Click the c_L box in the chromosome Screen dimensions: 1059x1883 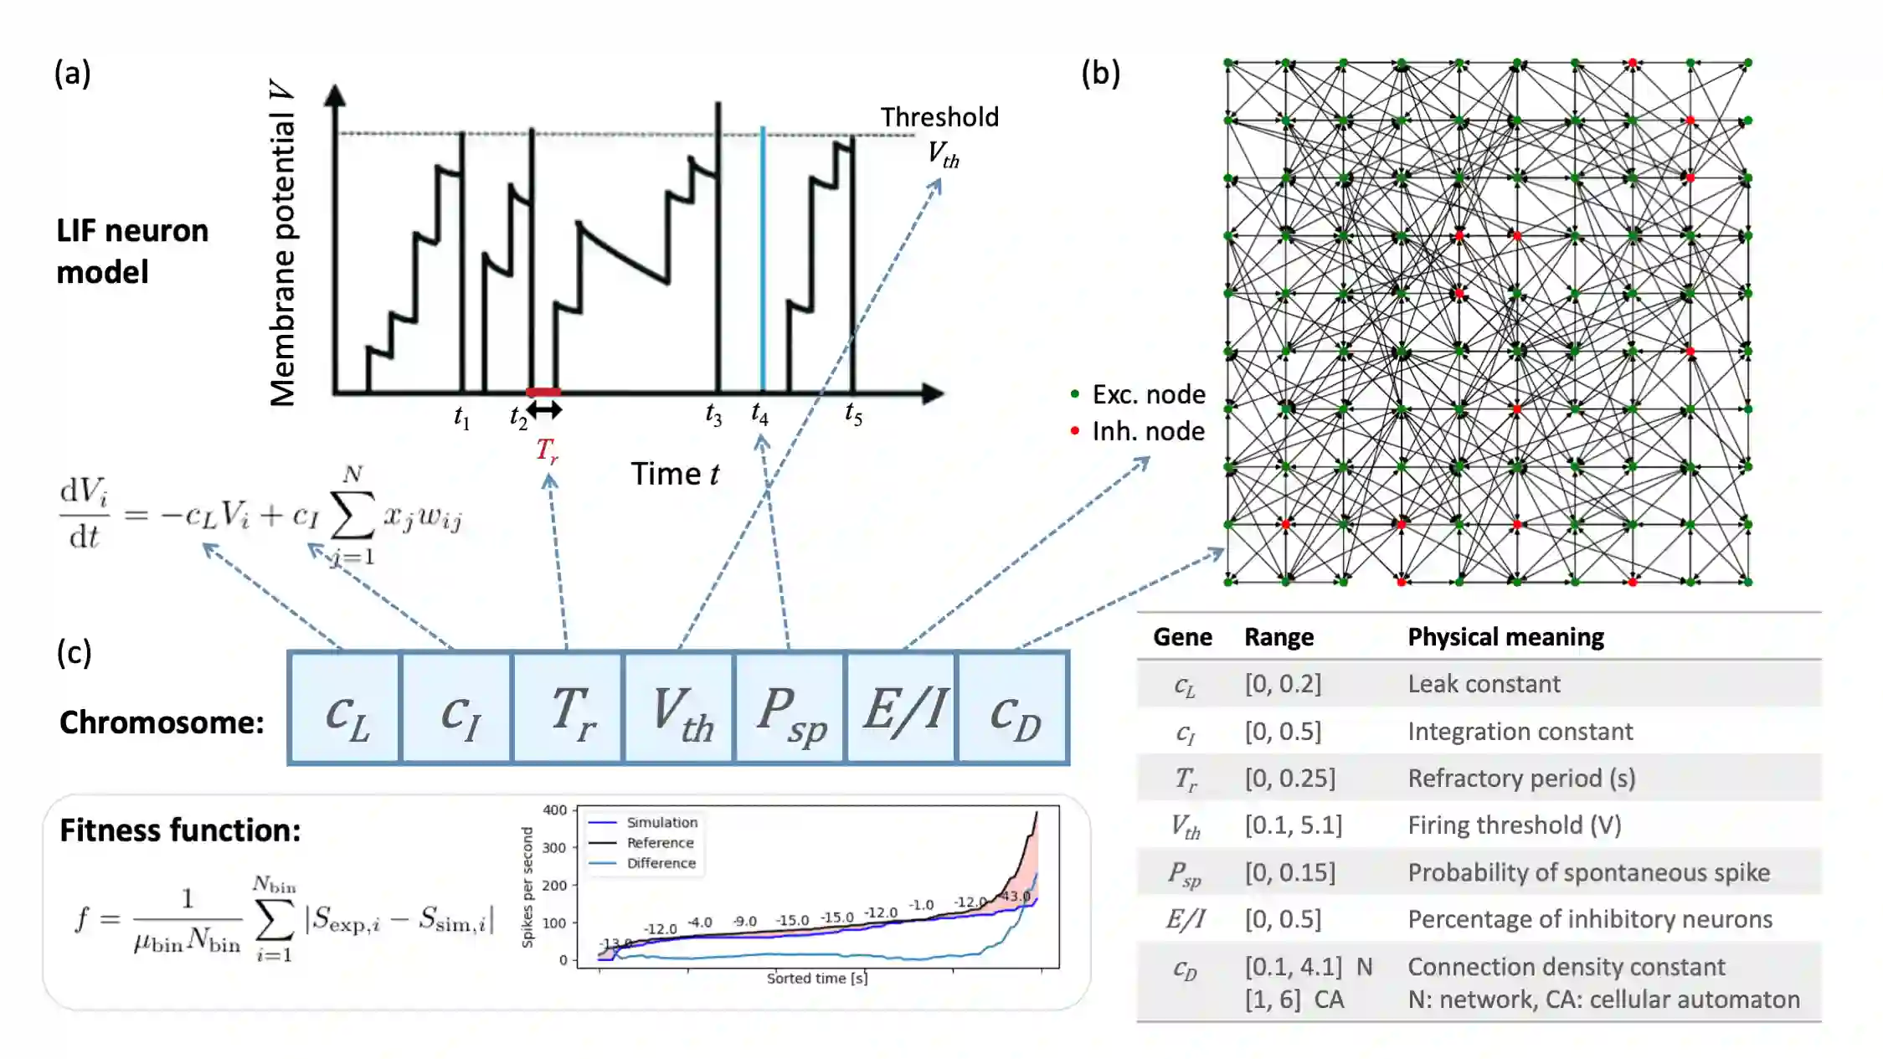pos(344,708)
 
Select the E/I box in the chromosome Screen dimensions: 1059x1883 pos(902,708)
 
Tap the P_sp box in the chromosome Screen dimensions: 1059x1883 pos(790,708)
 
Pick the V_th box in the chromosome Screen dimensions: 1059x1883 pos(679,708)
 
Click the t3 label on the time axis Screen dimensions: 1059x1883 pos(713,414)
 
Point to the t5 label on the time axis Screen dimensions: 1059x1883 pos(853,414)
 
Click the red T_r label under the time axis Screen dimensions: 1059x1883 pos(547,450)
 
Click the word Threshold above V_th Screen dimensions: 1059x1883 pos(939,117)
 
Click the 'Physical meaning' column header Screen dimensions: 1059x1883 pos(1505,637)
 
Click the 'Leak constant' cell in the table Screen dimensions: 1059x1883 pos(1484,684)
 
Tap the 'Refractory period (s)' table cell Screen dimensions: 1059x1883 pos(1521,779)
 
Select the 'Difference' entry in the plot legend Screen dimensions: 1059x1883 pos(661,863)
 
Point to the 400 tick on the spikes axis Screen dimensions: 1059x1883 pos(554,810)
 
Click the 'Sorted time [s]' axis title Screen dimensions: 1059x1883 pos(817,978)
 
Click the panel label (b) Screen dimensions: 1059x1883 pos(1100,74)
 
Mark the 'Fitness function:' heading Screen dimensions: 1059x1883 pos(180,830)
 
